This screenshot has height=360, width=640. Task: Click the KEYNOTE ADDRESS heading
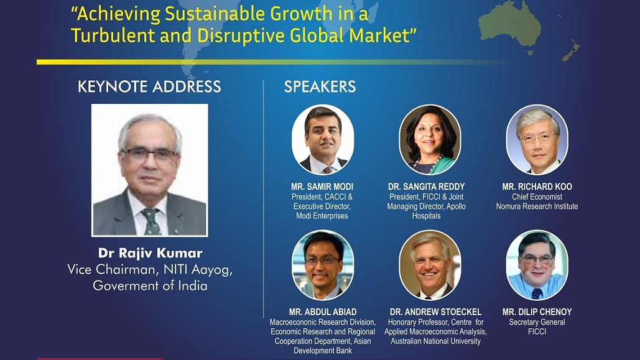click(149, 86)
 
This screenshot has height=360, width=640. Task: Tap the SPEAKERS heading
click(320, 86)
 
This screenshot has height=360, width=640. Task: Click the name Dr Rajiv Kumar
click(151, 253)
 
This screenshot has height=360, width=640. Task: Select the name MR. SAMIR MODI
click(322, 187)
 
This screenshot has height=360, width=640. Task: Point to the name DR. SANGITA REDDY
click(427, 187)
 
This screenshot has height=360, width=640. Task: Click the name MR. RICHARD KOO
click(537, 187)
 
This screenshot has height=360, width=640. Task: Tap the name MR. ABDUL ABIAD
click(323, 312)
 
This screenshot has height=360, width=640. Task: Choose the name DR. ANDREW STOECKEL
click(435, 312)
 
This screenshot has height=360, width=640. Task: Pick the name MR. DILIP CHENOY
click(537, 312)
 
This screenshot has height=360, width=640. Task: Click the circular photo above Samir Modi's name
click(322, 140)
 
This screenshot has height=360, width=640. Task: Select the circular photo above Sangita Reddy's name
click(430, 140)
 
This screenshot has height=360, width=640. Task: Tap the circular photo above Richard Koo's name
click(537, 140)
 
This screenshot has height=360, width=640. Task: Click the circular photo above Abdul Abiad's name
click(322, 265)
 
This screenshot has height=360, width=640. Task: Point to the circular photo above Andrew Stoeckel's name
click(430, 265)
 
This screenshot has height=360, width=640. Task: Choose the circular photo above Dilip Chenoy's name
click(537, 265)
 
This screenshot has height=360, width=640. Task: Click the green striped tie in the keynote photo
click(151, 221)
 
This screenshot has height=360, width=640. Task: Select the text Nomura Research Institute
click(537, 206)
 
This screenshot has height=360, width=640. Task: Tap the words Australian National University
click(435, 341)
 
